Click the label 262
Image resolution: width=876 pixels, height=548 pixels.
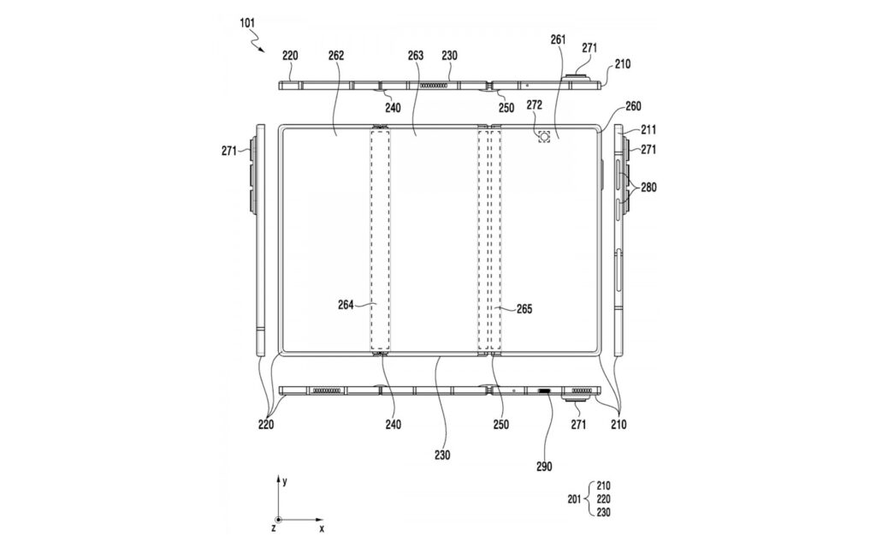tap(335, 55)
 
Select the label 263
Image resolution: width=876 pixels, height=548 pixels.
tap(416, 55)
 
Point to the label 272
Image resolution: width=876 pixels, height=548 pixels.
tap(535, 105)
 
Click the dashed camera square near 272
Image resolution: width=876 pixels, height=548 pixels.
tap(543, 135)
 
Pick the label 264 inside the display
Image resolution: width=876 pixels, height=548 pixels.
tap(347, 303)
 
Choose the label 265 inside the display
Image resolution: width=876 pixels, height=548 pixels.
tap(524, 308)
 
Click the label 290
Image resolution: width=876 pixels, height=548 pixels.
tap(545, 467)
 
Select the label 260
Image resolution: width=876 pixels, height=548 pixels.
tap(634, 107)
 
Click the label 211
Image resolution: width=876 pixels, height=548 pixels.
tap(650, 130)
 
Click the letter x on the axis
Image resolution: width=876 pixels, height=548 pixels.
tap(322, 529)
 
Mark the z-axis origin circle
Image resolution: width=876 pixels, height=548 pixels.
tap(278, 520)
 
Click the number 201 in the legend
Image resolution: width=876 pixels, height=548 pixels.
tap(575, 499)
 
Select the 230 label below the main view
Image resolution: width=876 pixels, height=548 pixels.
tap(441, 456)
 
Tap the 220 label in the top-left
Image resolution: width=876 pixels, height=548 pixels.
tap(290, 55)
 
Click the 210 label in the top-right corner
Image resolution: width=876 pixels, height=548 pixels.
tap(620, 64)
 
